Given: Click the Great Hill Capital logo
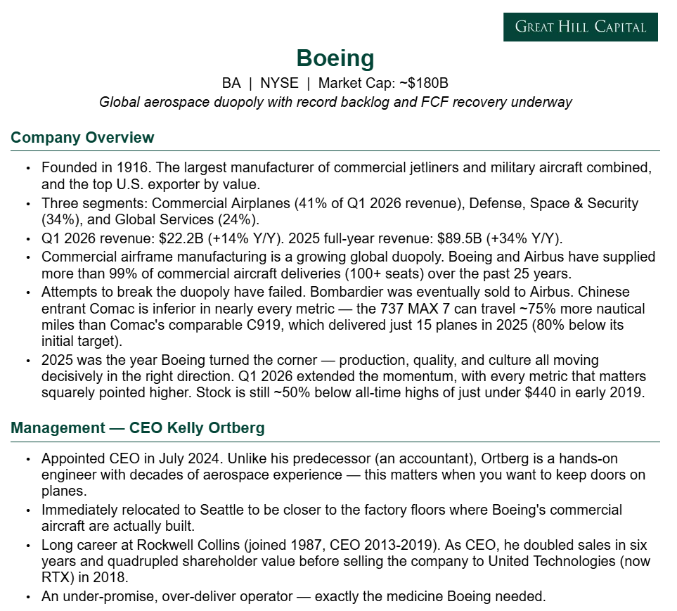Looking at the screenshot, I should (580, 27).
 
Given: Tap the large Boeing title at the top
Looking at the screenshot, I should (335, 58).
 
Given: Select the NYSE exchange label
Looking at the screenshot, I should (279, 83).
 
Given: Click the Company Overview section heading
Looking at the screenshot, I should (82, 137).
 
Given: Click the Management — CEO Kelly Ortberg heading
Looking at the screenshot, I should (137, 428).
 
